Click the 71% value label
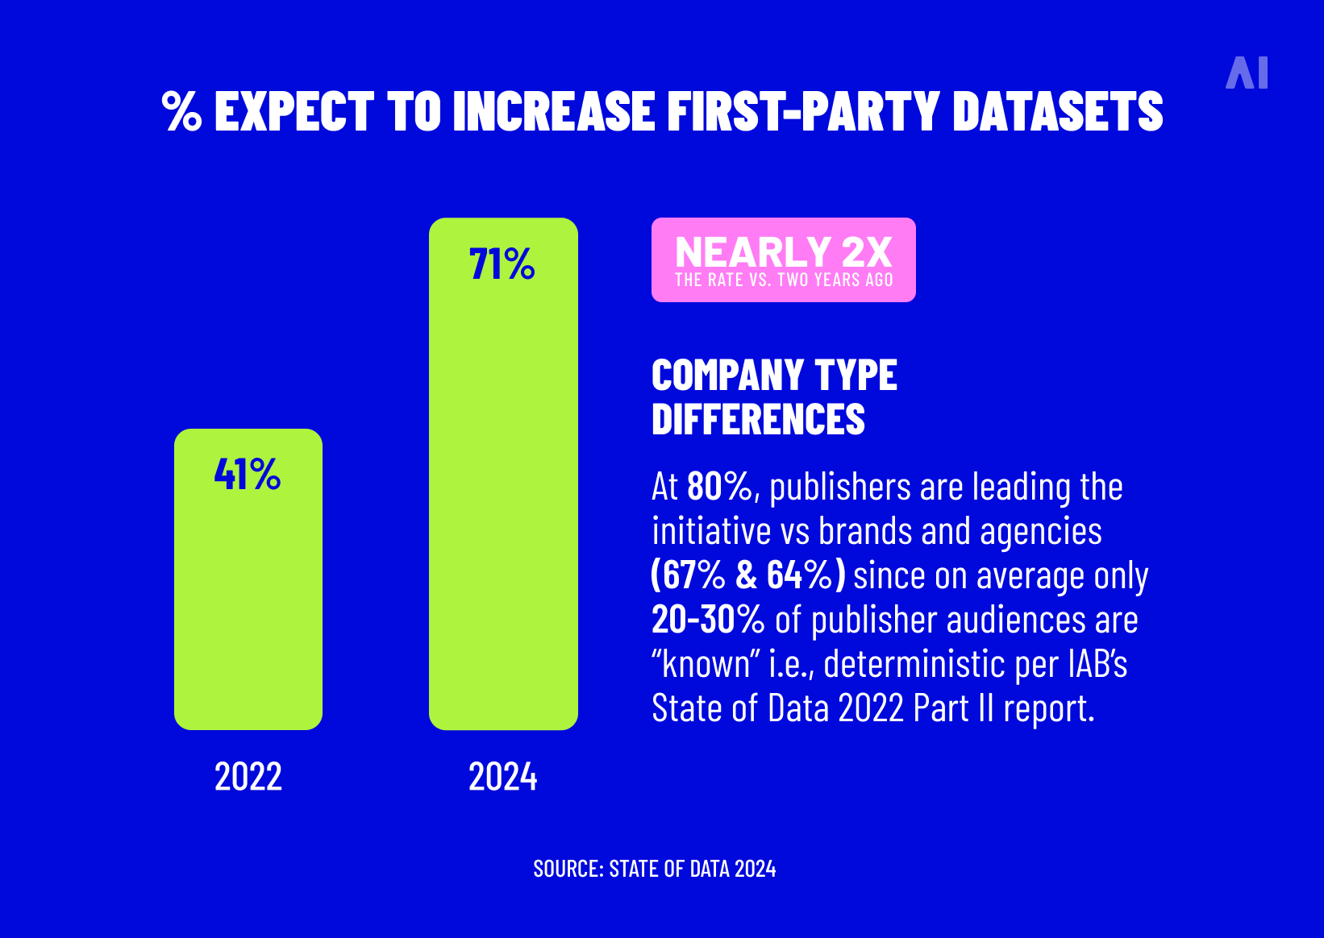[502, 264]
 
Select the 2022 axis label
[248, 777]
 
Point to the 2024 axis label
[502, 777]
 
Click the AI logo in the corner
[1247, 73]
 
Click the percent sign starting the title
[181, 111]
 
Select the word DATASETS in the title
[1057, 111]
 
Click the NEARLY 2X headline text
[783, 252]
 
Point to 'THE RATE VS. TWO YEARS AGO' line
[783, 280]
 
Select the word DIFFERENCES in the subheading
[758, 420]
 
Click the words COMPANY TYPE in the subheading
[774, 376]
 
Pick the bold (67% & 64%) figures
[747, 575]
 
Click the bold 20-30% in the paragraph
[707, 620]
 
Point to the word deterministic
[914, 664]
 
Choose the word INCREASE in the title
[553, 111]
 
